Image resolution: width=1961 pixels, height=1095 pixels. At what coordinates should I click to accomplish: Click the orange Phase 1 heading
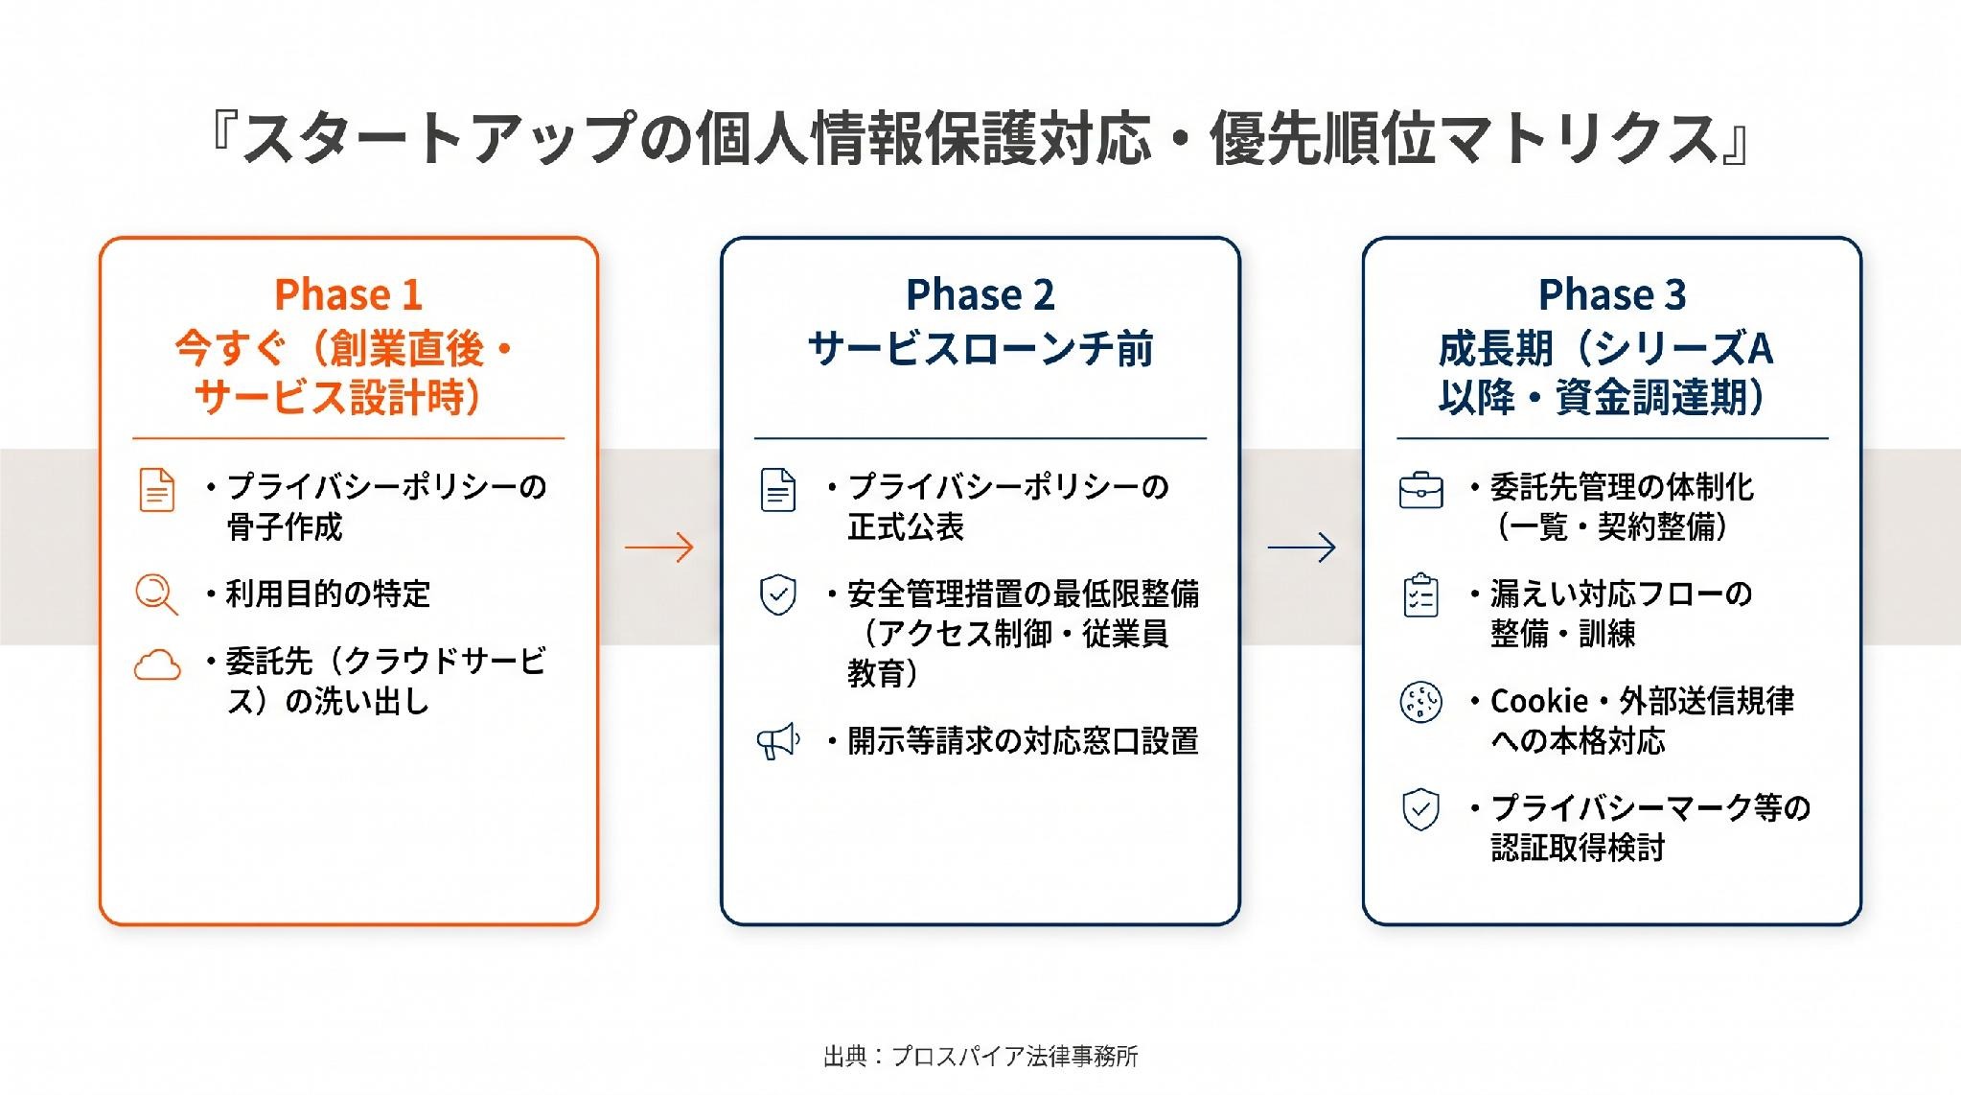[348, 294]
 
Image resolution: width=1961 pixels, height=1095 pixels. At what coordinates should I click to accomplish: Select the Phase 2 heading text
[980, 294]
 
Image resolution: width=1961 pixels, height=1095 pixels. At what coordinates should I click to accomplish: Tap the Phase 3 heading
[1612, 294]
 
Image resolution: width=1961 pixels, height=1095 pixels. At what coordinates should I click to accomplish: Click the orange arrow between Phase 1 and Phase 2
[658, 547]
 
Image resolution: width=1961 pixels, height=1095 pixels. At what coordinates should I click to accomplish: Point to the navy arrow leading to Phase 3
[1302, 547]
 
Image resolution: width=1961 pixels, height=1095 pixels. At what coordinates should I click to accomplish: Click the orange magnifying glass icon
[156, 594]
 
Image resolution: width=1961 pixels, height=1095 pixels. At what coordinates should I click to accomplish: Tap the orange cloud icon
[157, 664]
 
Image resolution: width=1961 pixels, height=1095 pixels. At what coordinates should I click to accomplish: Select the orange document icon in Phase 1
[157, 490]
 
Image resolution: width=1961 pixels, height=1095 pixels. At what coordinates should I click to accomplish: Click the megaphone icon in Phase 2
[778, 741]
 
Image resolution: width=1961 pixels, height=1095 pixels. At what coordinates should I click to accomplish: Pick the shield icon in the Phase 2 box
[778, 594]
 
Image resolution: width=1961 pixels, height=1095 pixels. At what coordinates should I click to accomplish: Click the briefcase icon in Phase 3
[1420, 490]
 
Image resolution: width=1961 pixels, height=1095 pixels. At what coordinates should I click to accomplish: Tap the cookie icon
[1420, 702]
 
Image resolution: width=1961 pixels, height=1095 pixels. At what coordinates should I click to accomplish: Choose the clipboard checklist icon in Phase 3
[1420, 594]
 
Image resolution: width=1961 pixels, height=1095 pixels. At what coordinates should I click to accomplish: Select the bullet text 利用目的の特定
[328, 594]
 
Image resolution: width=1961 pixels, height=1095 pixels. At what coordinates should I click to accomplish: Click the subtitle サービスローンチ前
[980, 349]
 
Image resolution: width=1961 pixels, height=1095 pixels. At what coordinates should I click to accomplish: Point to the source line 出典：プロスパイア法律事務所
[980, 1057]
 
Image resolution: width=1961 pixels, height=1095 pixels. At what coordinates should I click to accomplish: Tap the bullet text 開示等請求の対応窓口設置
[1023, 741]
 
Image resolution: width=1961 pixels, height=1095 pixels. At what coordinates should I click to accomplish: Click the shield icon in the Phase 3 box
[1420, 809]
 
